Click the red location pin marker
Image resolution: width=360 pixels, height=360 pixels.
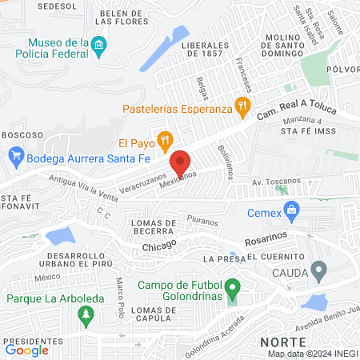pyautogui.click(x=180, y=162)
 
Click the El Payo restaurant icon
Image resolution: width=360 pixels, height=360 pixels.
pyautogui.click(x=164, y=142)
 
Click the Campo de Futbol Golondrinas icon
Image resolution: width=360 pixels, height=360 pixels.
pyautogui.click(x=232, y=286)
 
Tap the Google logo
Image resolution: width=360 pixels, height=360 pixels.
pyautogui.click(x=26, y=349)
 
